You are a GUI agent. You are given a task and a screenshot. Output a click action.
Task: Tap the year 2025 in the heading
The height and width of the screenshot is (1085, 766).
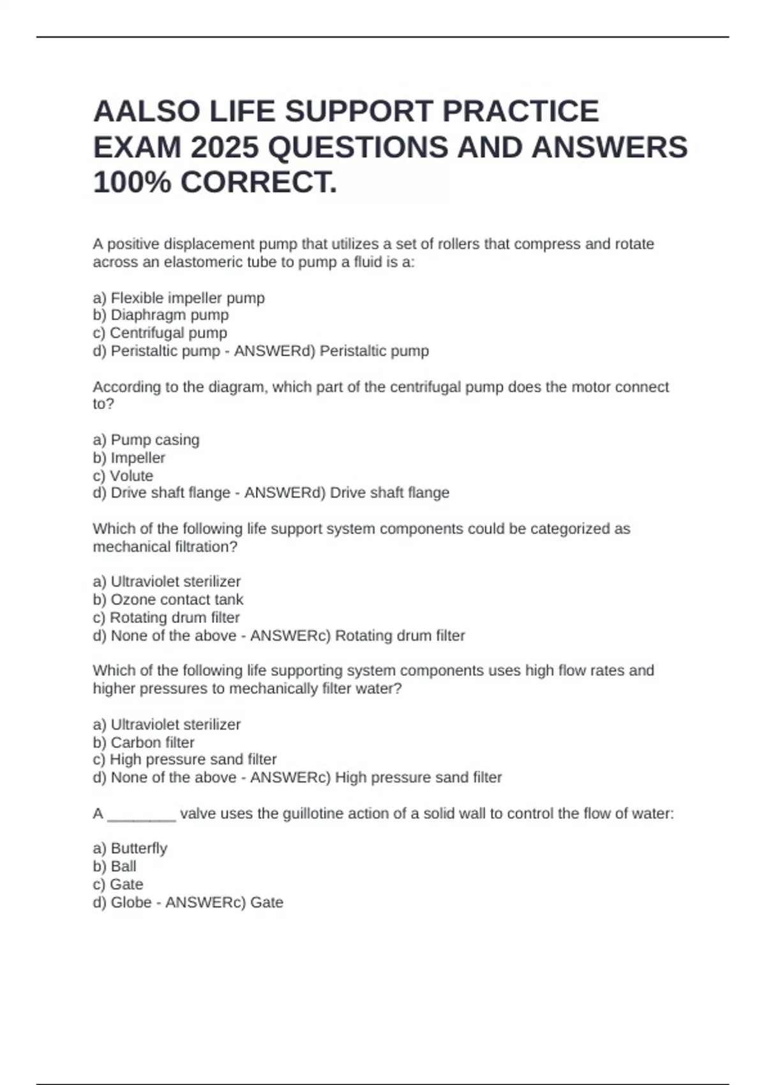[225, 148]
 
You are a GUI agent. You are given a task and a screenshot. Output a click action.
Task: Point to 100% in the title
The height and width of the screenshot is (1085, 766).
[132, 183]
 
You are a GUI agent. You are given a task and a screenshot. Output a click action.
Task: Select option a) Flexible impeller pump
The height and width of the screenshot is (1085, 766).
[179, 298]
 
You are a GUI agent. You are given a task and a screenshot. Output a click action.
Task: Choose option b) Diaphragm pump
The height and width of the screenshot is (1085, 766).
[161, 315]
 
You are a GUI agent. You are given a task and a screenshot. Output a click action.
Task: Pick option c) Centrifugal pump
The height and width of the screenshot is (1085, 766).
[160, 333]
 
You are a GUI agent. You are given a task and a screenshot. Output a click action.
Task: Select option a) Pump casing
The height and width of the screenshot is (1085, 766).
[146, 440]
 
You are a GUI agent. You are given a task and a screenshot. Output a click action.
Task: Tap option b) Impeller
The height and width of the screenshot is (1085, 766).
[129, 458]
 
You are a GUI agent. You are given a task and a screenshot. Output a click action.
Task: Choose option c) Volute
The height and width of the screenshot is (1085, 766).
[123, 475]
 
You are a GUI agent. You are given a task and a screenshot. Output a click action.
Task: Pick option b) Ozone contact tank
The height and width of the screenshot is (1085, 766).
[169, 599]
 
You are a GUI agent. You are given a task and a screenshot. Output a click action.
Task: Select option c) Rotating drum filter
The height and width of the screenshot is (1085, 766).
[166, 617]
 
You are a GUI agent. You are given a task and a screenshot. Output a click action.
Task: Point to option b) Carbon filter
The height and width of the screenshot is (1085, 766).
[144, 742]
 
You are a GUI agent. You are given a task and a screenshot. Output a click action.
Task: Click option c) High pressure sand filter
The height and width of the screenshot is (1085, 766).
[184, 759]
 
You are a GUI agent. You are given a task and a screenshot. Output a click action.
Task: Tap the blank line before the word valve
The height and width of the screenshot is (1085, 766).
[142, 815]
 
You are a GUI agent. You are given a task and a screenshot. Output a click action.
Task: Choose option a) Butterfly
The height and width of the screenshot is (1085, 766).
[130, 848]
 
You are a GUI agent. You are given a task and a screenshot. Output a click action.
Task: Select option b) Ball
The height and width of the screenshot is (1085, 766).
[115, 866]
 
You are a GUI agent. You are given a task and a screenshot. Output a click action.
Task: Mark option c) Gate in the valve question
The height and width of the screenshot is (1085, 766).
[118, 884]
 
